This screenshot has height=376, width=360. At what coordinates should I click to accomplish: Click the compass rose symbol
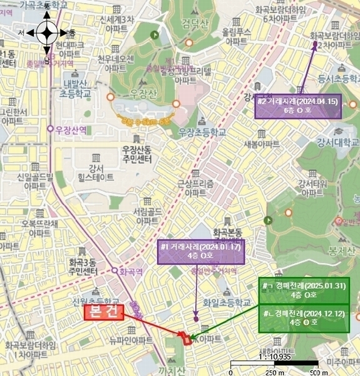48,31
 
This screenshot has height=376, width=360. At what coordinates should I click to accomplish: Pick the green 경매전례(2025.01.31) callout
303,290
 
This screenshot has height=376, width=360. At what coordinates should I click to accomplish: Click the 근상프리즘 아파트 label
195,188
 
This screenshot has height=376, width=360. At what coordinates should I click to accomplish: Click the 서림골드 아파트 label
147,216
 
